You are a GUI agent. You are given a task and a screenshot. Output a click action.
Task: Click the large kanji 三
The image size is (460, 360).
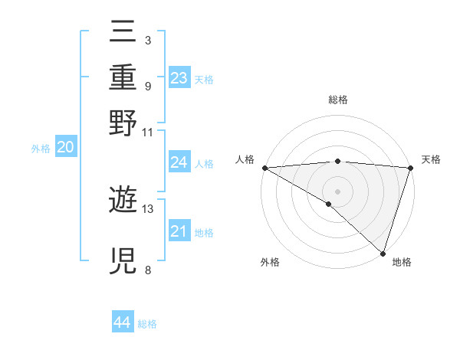click(123, 32)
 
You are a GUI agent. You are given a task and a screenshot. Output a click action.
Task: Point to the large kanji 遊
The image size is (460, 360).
click(123, 201)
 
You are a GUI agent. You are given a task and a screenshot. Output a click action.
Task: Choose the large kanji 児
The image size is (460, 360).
click(123, 260)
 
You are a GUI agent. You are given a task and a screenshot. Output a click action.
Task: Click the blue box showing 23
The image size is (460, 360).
click(179, 78)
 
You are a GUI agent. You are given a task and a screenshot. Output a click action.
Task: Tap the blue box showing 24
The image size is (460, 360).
click(179, 162)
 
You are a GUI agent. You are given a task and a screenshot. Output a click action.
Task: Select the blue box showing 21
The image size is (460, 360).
click(179, 231)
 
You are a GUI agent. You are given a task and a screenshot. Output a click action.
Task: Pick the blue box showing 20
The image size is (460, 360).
click(65, 148)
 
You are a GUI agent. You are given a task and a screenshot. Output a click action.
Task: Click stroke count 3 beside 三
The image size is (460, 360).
click(147, 40)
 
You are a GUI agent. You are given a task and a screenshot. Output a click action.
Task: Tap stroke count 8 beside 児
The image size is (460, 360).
click(147, 269)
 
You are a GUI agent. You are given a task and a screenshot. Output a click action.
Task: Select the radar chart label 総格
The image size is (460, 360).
click(337, 100)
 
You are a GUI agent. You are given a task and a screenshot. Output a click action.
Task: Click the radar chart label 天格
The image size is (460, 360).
click(431, 159)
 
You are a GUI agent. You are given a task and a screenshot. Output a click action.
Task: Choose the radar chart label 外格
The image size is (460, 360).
click(270, 262)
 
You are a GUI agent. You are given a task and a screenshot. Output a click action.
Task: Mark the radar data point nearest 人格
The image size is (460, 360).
click(264, 168)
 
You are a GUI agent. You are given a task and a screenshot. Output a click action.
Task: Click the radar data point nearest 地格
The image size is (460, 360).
click(382, 253)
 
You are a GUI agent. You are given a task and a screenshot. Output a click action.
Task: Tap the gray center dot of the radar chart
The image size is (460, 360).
click(337, 191)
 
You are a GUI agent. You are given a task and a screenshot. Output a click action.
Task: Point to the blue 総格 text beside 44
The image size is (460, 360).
click(147, 324)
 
